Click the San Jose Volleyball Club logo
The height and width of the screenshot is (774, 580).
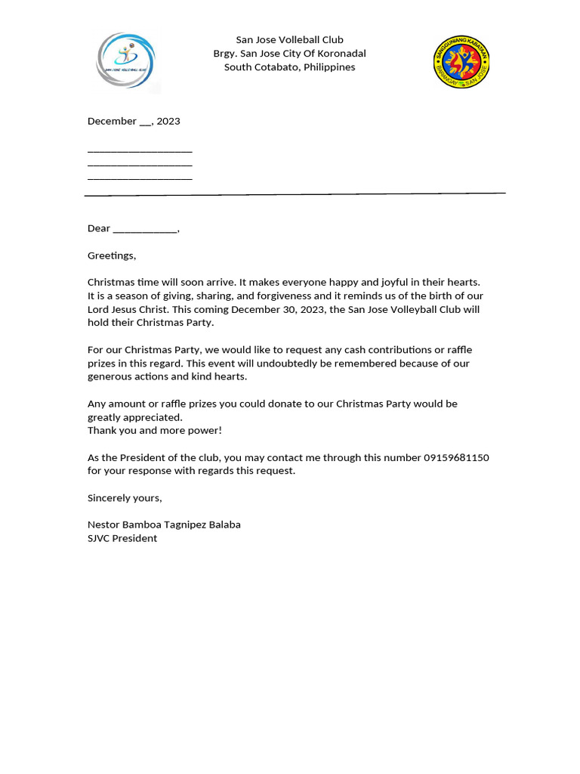pyautogui.click(x=127, y=60)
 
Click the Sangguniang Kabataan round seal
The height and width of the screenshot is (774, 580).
pyautogui.click(x=461, y=61)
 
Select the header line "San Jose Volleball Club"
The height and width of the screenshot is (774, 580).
pyautogui.click(x=289, y=40)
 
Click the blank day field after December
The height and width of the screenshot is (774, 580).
pyautogui.click(x=145, y=122)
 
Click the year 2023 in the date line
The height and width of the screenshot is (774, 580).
pyautogui.click(x=168, y=122)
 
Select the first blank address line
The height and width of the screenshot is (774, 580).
pyautogui.click(x=140, y=150)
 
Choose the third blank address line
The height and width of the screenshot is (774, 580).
pyautogui.click(x=140, y=178)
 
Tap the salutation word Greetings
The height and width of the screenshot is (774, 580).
pyautogui.click(x=112, y=256)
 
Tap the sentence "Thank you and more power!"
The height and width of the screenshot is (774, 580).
pyautogui.click(x=155, y=431)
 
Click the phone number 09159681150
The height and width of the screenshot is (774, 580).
pyautogui.click(x=456, y=458)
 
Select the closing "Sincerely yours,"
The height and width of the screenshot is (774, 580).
pyautogui.click(x=125, y=498)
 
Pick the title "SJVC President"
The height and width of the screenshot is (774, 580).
pyautogui.click(x=122, y=538)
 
